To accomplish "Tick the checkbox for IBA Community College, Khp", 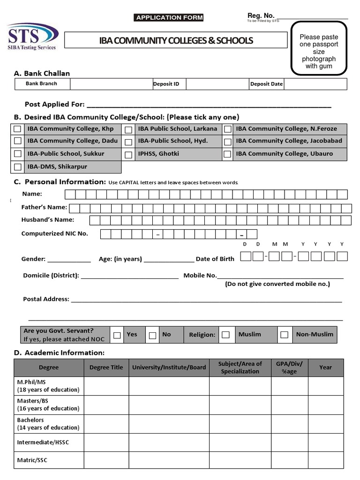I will pos(17,129).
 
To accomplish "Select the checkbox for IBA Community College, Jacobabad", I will pos(227,141).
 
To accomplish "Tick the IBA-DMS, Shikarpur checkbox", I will pos(17,167).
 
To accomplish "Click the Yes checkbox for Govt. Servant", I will pos(117,335).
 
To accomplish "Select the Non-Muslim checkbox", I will pos(284,335).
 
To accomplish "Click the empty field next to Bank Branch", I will pos(111,84).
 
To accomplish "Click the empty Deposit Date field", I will pos(315,84).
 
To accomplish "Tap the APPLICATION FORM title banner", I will pos(169,18).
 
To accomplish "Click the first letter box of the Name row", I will pos(70,195).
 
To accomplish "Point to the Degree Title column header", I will pos(106,367).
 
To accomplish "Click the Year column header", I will pos(325,367).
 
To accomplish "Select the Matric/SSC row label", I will pos(32,460).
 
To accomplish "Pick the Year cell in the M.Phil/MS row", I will pos(325,386).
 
